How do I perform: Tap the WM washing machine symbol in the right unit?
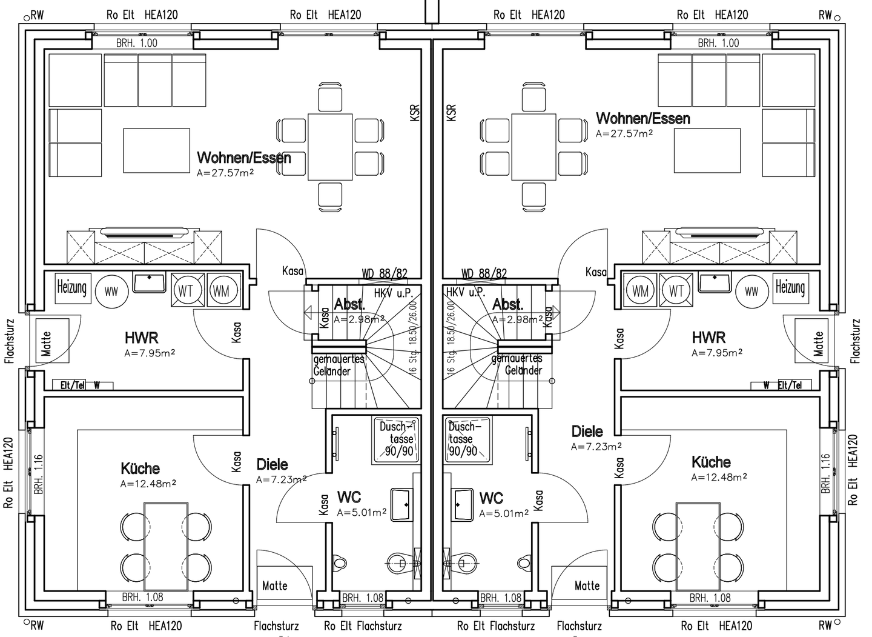(x=641, y=290)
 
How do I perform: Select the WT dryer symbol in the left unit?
(x=186, y=290)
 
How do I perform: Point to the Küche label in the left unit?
(x=140, y=469)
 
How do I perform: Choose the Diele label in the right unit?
(x=587, y=432)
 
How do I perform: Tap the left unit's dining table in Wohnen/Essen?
(x=330, y=147)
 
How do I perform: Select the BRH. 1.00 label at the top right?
(x=718, y=43)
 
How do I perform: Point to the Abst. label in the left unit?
(x=349, y=304)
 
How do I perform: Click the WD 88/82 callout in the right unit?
(x=484, y=274)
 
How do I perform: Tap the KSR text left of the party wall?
(x=415, y=113)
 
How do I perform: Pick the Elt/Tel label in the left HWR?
(x=73, y=385)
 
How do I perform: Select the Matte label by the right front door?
(x=587, y=585)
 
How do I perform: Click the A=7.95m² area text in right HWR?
(x=717, y=353)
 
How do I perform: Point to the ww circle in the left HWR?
(x=111, y=292)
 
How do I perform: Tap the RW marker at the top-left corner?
(x=37, y=15)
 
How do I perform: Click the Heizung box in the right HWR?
(x=790, y=287)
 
